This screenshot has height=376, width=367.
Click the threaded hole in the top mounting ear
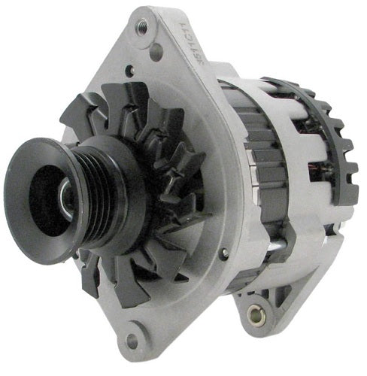(x=141, y=24)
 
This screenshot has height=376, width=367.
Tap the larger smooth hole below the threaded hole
(x=156, y=51)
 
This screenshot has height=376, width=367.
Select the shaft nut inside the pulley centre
(x=65, y=198)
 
